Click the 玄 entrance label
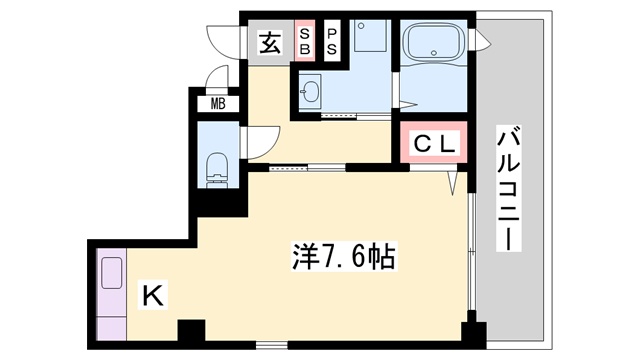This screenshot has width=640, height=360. point(270,43)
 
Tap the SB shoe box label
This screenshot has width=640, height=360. point(304,41)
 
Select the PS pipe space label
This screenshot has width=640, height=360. point(332,41)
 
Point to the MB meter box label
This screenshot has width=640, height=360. point(218,104)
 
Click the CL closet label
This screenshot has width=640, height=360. point(434,143)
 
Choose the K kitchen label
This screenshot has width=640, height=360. point(153,296)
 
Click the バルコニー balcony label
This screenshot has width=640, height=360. point(509,189)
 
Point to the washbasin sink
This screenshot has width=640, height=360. point(310,92)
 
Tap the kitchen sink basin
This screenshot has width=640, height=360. point(112,273)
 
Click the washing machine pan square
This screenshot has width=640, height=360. point(370,36)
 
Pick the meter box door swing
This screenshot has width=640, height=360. point(217,78)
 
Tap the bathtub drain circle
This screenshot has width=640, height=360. point(434,53)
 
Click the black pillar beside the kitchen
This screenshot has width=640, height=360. point(191,330)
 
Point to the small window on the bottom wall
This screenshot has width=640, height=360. point(272,345)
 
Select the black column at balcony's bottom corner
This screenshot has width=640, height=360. point(473,332)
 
